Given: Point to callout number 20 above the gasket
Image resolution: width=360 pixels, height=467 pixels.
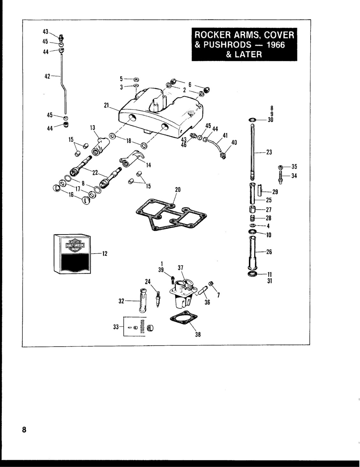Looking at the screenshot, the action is (178, 190).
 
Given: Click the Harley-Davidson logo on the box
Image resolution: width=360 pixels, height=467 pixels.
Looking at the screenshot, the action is (75, 245).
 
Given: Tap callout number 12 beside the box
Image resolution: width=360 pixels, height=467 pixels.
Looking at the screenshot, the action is (105, 254).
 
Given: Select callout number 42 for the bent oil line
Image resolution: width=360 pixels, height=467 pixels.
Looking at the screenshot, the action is (47, 76).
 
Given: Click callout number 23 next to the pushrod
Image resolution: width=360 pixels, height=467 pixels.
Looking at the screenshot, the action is (269, 152).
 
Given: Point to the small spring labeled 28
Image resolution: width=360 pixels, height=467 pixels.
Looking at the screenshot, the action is (253, 218).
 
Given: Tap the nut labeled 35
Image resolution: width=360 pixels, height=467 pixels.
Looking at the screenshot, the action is (280, 167).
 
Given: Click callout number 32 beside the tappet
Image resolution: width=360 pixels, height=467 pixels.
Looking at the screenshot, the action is (121, 301).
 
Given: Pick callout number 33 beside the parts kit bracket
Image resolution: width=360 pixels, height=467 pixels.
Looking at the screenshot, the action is (116, 327).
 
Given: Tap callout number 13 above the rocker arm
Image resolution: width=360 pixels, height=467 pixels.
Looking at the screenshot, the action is (92, 128).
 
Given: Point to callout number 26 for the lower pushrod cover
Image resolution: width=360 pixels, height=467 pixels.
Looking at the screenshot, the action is (269, 252).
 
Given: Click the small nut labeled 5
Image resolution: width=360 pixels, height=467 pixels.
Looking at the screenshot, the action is (136, 80).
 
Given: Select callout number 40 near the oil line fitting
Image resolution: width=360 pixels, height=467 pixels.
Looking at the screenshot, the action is (234, 142).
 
